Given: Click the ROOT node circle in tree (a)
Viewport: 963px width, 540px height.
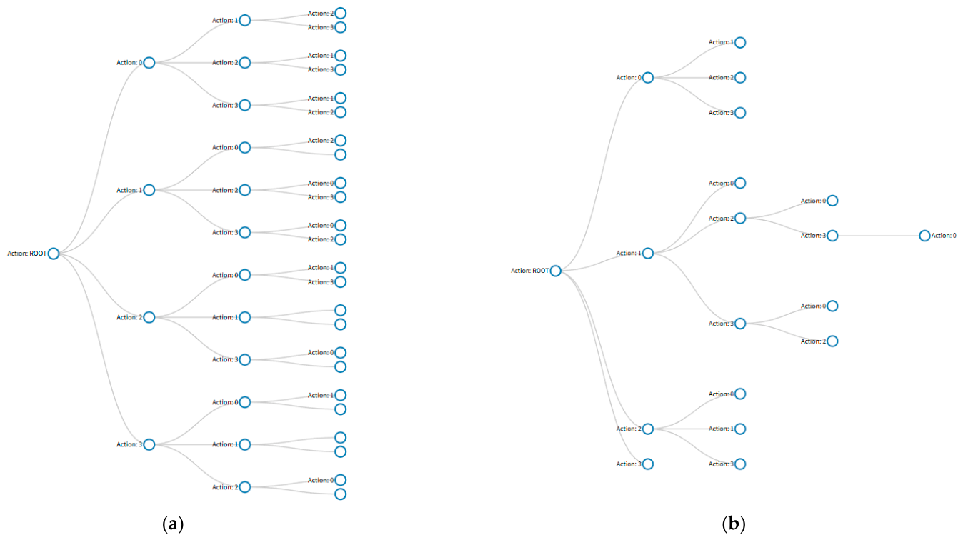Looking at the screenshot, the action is [x=54, y=254].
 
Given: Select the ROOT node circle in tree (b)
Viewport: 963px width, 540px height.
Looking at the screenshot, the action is [x=556, y=271].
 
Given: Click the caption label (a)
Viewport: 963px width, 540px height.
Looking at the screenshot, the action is [x=174, y=524].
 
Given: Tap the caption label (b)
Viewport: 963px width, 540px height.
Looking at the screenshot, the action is [x=734, y=524].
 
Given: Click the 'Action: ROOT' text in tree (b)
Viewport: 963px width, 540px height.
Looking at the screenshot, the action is [x=529, y=271].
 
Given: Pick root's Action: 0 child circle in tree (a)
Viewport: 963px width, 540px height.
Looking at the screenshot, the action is [x=149, y=63].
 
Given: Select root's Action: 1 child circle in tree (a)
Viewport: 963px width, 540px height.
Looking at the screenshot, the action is [x=149, y=190].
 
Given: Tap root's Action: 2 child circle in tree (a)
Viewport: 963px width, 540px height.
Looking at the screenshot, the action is [x=149, y=317].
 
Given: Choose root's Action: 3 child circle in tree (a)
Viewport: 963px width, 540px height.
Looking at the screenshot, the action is [x=149, y=444].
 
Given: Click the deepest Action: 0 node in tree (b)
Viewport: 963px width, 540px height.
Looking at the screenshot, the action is [x=924, y=236].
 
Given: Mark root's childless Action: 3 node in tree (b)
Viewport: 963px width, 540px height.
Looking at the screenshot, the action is [x=648, y=464].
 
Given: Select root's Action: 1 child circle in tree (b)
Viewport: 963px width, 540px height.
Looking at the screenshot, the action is [x=648, y=254].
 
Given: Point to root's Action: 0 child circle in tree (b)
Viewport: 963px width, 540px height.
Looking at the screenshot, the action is [x=648, y=78].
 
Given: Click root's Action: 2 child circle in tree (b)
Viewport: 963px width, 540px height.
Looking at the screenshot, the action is [x=648, y=429].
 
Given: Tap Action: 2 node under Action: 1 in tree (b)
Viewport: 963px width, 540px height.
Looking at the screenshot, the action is [x=740, y=219].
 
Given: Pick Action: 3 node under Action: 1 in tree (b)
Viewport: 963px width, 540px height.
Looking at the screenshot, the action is [x=740, y=324].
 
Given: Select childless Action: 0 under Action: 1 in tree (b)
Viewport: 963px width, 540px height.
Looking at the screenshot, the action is [x=740, y=183].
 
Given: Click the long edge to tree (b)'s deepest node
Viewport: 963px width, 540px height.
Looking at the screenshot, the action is [x=878, y=236].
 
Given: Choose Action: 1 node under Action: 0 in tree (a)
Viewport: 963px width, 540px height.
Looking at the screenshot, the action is [x=244, y=20].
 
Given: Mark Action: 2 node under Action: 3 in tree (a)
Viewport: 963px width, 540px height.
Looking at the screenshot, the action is [x=244, y=487].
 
